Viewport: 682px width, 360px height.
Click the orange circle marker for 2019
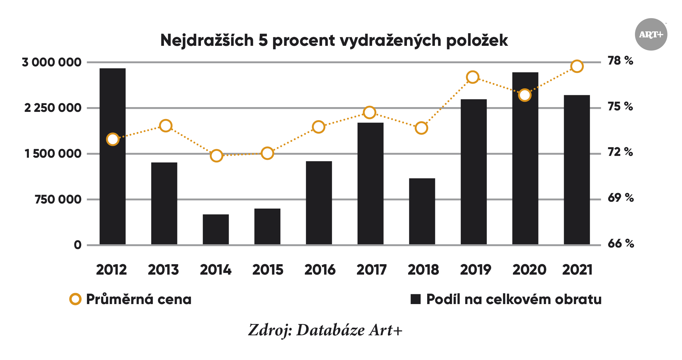coord(472,77)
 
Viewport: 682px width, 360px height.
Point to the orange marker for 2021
coord(577,66)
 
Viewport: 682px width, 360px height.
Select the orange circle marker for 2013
coord(166,126)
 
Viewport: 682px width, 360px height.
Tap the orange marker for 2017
coord(369,112)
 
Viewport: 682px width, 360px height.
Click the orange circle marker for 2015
coord(267,154)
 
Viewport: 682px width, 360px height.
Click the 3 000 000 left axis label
coord(52,62)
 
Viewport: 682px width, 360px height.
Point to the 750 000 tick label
coord(58,199)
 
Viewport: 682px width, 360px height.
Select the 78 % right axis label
coord(620,61)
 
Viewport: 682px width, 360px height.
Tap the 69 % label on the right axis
coord(621,198)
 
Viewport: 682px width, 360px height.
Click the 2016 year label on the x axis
coord(320,270)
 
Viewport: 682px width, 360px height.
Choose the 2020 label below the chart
coord(529,270)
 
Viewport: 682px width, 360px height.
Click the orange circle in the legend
coord(75,299)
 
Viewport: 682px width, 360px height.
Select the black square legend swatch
coord(416,299)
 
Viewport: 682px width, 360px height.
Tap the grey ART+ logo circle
coord(651,35)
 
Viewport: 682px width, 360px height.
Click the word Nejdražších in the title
coord(207,40)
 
